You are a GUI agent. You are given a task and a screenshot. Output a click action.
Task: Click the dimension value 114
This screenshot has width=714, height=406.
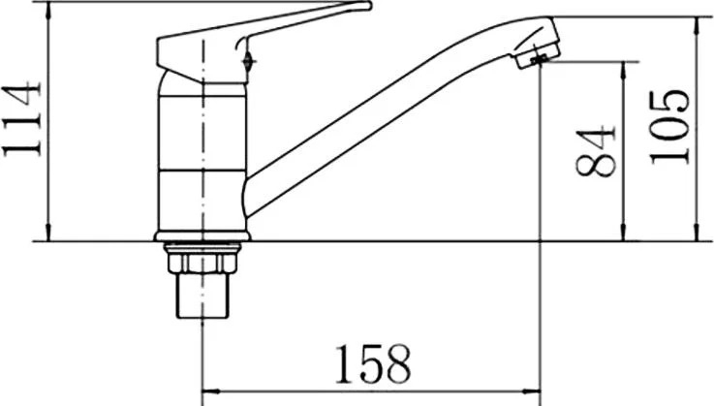click(x=22, y=119)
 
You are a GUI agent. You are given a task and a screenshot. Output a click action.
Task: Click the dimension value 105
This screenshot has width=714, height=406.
click(x=669, y=127)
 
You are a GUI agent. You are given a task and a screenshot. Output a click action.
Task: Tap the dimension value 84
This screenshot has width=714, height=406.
click(x=595, y=152)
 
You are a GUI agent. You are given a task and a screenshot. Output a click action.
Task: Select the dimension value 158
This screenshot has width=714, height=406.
click(x=373, y=364)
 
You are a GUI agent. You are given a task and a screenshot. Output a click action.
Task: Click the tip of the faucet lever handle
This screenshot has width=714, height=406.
click(x=369, y=6)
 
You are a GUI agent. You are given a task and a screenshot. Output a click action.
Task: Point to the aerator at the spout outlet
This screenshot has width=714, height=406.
click(x=538, y=53)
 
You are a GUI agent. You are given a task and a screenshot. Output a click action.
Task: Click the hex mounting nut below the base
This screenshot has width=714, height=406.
click(x=202, y=263)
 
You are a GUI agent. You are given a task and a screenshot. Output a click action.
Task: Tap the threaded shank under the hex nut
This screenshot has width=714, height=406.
click(x=202, y=295)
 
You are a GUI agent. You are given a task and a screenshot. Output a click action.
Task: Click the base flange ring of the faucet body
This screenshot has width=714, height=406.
click(x=202, y=236)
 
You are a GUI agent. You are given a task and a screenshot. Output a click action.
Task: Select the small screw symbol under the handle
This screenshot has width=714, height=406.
click(x=248, y=61)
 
